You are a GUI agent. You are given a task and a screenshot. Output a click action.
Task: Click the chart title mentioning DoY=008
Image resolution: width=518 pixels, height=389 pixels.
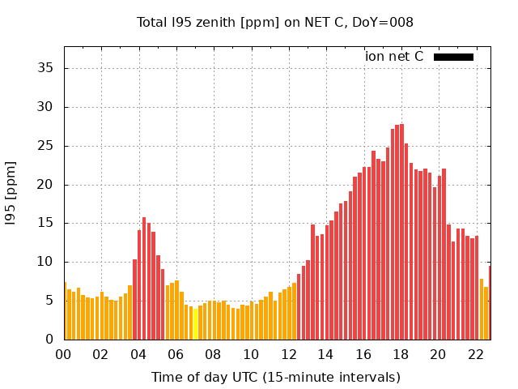[x=275, y=23]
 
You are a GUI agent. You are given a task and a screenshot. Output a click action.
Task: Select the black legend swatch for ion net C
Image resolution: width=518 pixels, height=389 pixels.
[x=453, y=57]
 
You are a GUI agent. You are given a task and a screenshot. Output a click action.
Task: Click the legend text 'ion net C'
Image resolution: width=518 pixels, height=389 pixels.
[x=394, y=57]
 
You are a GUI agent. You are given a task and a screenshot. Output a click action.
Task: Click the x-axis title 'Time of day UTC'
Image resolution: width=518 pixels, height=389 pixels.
[x=275, y=377]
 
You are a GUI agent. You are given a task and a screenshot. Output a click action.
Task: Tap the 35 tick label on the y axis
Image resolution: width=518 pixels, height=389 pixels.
[x=46, y=68]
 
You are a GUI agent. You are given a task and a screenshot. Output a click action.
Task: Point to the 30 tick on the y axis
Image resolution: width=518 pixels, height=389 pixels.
[x=46, y=107]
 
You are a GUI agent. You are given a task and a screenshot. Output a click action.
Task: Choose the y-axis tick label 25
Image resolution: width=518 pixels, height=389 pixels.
[x=46, y=146]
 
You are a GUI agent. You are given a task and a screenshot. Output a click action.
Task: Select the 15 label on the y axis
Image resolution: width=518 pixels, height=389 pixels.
[x=46, y=223]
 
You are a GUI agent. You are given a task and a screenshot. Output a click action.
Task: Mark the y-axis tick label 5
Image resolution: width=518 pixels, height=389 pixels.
[x=49, y=301]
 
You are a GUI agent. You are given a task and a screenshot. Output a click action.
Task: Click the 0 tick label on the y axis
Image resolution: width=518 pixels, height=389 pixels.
[x=49, y=340]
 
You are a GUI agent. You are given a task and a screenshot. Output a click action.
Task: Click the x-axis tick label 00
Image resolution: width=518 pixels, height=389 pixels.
[x=63, y=354]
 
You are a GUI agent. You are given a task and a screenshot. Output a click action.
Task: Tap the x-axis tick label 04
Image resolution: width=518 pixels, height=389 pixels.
[x=138, y=354]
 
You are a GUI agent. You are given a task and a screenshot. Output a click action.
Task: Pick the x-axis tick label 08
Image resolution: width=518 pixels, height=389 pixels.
[x=213, y=354]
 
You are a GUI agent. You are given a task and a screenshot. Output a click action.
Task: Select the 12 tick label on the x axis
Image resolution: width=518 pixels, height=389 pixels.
[x=288, y=354]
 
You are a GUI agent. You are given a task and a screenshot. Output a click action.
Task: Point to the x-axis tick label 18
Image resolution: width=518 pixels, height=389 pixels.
[x=400, y=354]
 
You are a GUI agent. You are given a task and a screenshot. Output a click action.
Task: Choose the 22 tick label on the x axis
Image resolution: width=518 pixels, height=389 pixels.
[x=475, y=354]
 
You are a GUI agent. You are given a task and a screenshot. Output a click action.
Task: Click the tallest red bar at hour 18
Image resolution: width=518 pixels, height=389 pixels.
[x=401, y=235]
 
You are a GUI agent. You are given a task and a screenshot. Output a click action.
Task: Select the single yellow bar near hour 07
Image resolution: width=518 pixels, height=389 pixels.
[x=195, y=324]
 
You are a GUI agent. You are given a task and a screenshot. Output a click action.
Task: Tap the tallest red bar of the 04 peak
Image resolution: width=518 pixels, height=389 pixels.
[x=144, y=280]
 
